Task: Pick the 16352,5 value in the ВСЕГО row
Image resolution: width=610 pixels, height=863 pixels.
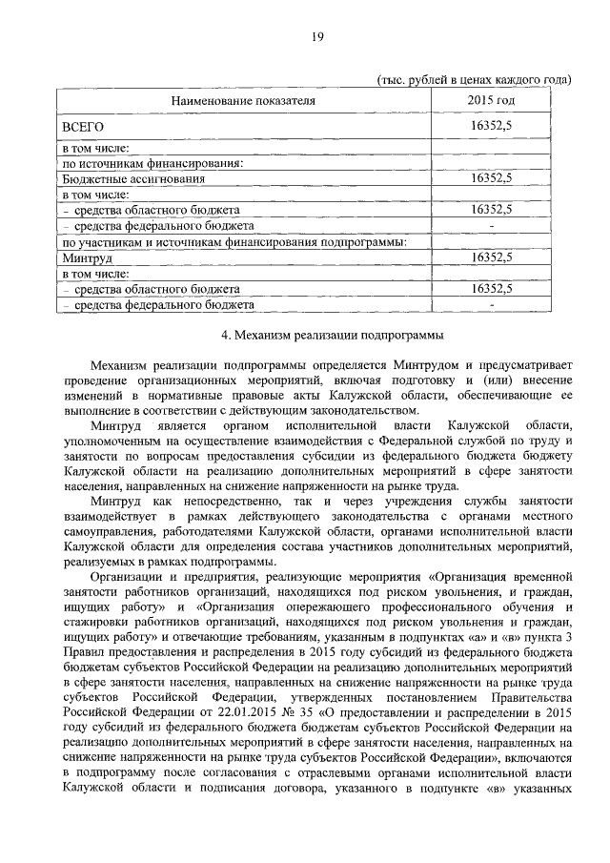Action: click(x=492, y=126)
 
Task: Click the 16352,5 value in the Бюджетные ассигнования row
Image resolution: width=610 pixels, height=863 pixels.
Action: click(x=492, y=178)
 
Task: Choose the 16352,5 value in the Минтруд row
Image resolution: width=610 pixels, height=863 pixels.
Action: click(x=492, y=257)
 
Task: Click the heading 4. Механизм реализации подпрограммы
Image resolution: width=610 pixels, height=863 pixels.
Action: click(x=316, y=335)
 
